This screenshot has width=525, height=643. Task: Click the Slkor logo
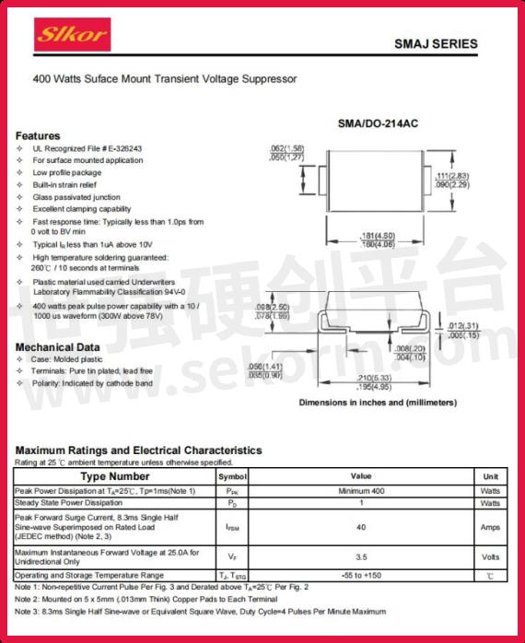coord(73,36)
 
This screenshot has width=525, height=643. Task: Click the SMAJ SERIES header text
coord(436,43)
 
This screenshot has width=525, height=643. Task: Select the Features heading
coord(38,135)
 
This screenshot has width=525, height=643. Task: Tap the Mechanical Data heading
coord(58,346)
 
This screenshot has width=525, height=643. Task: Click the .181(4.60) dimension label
coord(378,235)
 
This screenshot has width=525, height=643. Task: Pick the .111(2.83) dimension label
coord(452,175)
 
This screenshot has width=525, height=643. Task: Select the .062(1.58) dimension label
coord(286,148)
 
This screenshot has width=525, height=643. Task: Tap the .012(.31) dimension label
coord(463,325)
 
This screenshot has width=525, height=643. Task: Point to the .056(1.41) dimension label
coord(265,367)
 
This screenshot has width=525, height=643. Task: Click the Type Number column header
coord(115,476)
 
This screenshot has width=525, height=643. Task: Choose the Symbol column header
coord(232,477)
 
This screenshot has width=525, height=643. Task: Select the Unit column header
coord(490,476)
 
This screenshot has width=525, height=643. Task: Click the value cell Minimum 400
coord(361,491)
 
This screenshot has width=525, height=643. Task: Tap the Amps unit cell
coord(490,528)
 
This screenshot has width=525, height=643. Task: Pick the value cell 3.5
coord(361,556)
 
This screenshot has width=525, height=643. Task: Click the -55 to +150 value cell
coord(361,575)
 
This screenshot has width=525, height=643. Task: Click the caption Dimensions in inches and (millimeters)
coord(378,403)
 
